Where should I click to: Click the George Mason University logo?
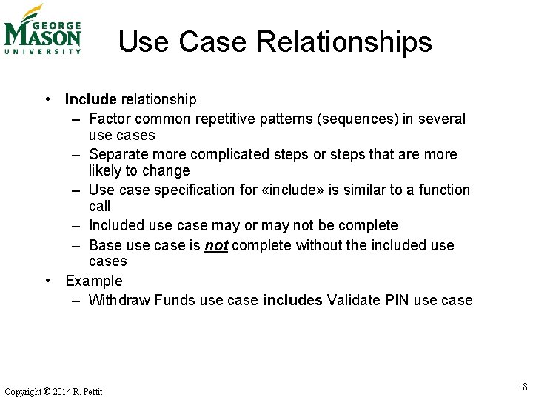click(42, 30)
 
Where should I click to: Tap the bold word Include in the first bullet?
click(91, 99)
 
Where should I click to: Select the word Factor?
click(110, 119)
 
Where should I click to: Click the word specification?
click(196, 190)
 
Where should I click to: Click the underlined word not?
click(216, 245)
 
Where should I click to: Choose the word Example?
click(94, 281)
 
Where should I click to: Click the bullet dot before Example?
click(47, 281)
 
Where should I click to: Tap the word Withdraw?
click(119, 300)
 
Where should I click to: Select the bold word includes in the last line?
click(292, 300)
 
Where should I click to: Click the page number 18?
click(523, 387)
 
